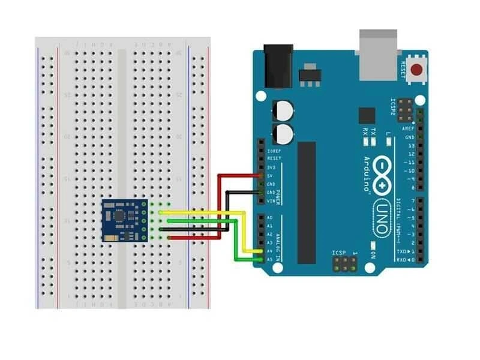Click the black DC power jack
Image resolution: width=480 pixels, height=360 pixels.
pyautogui.click(x=278, y=66)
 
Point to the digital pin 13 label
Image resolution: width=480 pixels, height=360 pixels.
pyautogui.click(x=410, y=145)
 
